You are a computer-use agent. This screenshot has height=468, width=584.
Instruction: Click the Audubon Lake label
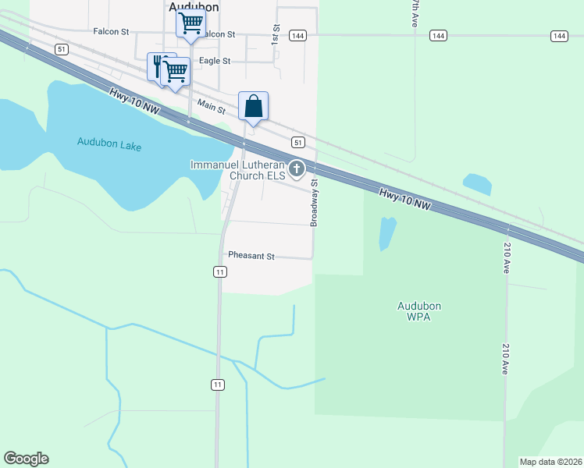(x=108, y=142)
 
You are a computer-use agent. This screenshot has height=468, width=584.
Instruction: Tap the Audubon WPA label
(x=414, y=311)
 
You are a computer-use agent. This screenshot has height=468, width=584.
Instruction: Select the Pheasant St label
(x=251, y=256)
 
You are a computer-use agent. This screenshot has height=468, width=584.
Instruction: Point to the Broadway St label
(x=314, y=203)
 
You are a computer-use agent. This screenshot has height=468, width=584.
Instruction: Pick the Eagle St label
(x=215, y=61)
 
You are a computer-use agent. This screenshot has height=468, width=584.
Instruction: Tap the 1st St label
(x=275, y=32)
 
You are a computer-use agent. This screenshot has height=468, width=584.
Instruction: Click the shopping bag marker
(x=254, y=106)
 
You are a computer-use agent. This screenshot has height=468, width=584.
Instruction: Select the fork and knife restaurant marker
(x=158, y=65)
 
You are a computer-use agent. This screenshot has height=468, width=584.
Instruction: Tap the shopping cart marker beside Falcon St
(x=191, y=23)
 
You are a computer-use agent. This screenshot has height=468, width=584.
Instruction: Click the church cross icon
(x=297, y=168)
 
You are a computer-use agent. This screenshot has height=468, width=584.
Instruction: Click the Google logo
(x=26, y=459)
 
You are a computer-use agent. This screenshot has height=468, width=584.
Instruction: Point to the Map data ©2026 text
(x=550, y=462)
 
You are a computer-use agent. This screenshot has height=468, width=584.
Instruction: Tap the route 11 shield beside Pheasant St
(x=220, y=271)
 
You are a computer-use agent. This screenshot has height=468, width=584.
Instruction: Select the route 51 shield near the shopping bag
(x=297, y=142)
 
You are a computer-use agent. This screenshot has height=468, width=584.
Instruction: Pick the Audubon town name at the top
(x=194, y=6)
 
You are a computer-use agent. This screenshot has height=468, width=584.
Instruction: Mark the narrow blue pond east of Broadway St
(x=387, y=233)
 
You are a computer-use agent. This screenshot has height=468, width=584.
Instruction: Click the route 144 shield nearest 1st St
(x=297, y=36)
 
